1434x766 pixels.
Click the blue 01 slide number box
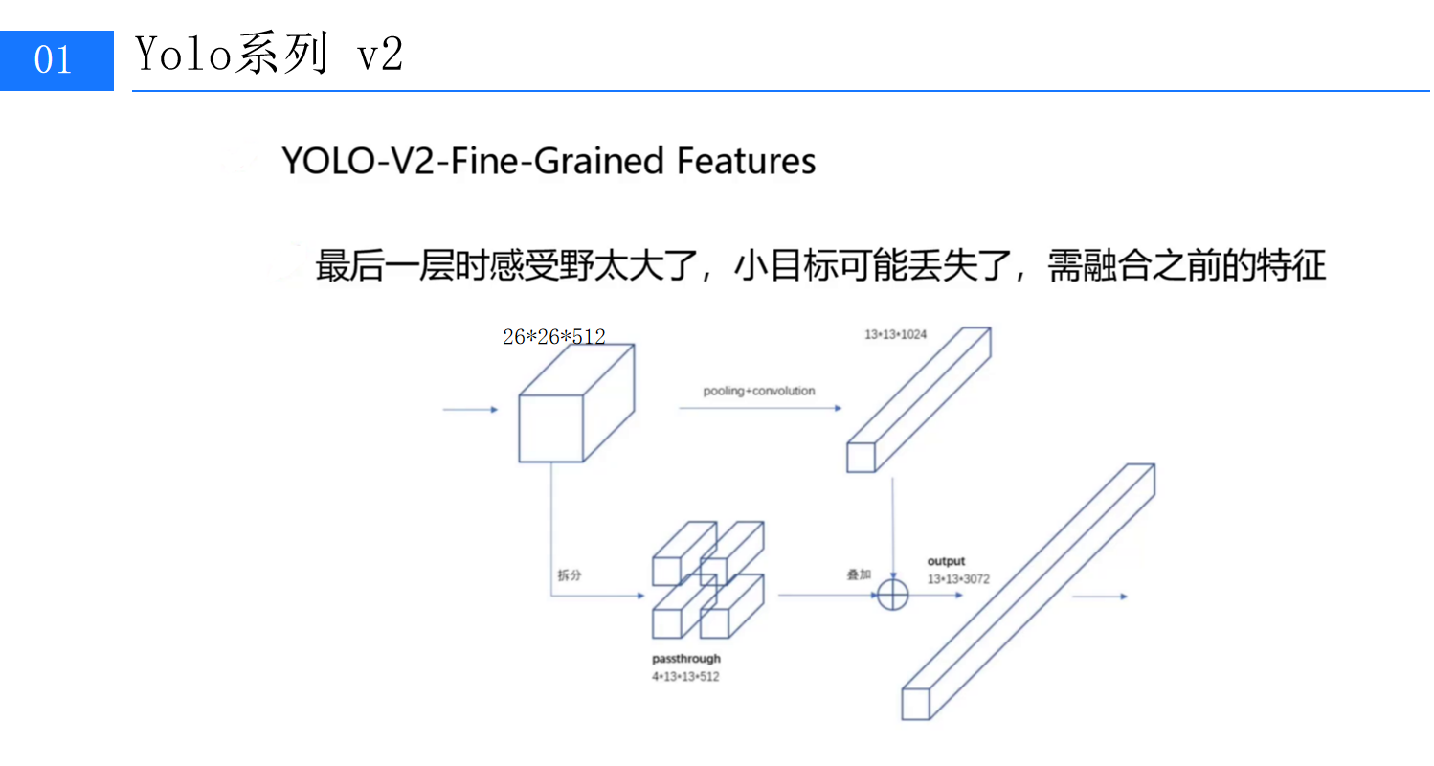click(x=56, y=59)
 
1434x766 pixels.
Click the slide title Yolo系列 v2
click(x=269, y=56)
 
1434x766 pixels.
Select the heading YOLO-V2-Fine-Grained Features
click(x=549, y=161)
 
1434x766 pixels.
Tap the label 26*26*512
click(x=553, y=336)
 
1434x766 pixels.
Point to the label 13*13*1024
click(x=895, y=334)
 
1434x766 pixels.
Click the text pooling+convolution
click(x=759, y=391)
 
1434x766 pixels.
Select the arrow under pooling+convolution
click(x=760, y=408)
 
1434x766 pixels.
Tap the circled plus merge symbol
click(x=892, y=595)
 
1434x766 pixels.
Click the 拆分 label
click(x=570, y=575)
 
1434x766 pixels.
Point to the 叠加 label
click(x=859, y=574)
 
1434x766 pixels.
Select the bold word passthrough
click(x=685, y=659)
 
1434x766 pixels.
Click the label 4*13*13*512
click(x=685, y=676)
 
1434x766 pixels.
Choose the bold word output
click(x=946, y=561)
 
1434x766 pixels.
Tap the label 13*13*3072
click(x=957, y=578)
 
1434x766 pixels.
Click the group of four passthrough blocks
click(x=708, y=579)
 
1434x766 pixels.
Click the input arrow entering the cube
click(x=470, y=410)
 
